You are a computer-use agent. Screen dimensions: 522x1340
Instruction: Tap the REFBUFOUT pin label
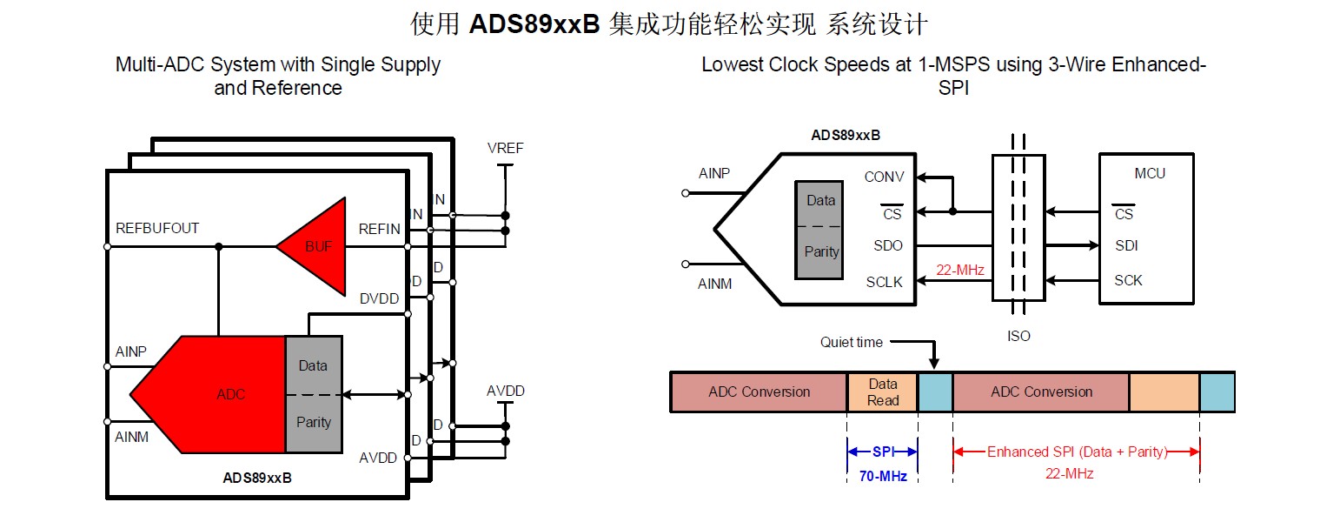(x=157, y=228)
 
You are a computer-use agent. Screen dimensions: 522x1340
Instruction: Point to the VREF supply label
(x=505, y=148)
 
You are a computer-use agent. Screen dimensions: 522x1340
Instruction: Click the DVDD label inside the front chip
(x=379, y=298)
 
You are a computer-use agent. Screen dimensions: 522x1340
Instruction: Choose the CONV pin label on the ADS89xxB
(x=884, y=177)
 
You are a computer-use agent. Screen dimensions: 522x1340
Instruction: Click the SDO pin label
(x=888, y=245)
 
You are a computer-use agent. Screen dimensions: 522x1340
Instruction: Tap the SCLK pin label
(x=884, y=282)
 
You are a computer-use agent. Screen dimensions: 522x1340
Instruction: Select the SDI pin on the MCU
(x=1126, y=245)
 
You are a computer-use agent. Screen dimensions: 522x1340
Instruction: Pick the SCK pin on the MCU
(x=1128, y=280)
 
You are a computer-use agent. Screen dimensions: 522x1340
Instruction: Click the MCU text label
(x=1150, y=173)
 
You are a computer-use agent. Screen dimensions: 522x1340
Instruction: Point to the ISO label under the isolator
(x=1018, y=336)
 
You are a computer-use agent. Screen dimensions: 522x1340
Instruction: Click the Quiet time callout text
(x=851, y=342)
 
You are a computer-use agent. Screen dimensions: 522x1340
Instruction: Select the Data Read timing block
(x=882, y=391)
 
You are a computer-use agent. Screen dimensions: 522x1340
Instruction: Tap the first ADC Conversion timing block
(x=759, y=391)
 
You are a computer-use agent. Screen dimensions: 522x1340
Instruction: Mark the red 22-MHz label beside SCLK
(x=960, y=270)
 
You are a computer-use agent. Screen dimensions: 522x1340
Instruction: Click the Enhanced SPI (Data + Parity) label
(x=1077, y=452)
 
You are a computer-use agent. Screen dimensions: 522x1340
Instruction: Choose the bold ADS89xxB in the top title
(x=534, y=23)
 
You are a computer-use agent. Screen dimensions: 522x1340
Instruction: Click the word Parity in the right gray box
(x=821, y=251)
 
